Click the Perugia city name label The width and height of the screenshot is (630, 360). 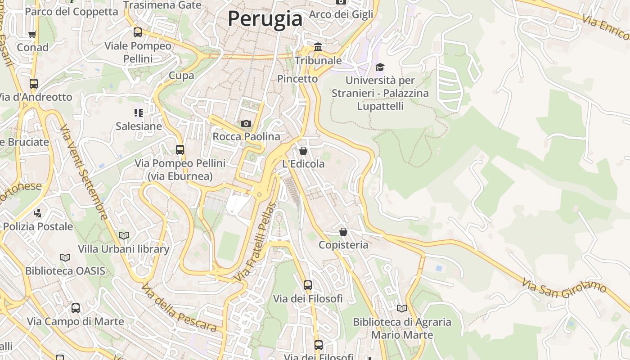[265, 19]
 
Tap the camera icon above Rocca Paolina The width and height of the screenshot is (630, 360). [246, 123]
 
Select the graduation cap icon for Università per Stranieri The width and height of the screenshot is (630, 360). [380, 67]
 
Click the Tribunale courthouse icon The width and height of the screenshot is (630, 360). [318, 47]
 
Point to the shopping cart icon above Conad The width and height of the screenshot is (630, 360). [32, 34]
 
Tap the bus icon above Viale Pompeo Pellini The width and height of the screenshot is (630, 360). [138, 32]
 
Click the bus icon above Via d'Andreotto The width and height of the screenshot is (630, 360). [34, 84]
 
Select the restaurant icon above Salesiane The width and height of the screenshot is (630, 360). [138, 113]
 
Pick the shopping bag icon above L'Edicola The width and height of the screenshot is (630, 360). [303, 151]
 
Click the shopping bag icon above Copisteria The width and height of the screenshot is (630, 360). [343, 232]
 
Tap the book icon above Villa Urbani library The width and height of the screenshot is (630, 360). [124, 235]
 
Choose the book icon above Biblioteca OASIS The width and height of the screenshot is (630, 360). [65, 257]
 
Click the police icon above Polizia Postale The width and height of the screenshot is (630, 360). [38, 213]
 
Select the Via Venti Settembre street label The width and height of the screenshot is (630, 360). [84, 172]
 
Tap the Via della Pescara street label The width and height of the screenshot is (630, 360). [179, 308]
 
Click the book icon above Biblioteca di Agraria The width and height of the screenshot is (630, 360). [402, 309]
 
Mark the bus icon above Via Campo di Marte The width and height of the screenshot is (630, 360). [76, 308]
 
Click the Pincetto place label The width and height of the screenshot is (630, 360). [297, 79]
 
